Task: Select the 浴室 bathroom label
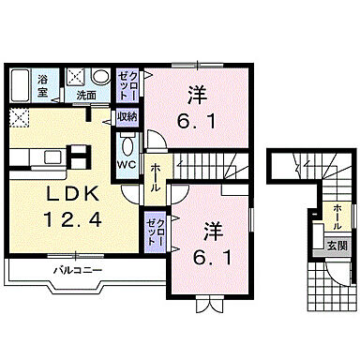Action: pos(44,87)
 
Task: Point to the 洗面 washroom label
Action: pos(85,95)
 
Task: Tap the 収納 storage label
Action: pos(127,116)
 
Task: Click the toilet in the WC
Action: pos(127,145)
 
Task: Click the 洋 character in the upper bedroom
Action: pos(195,96)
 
